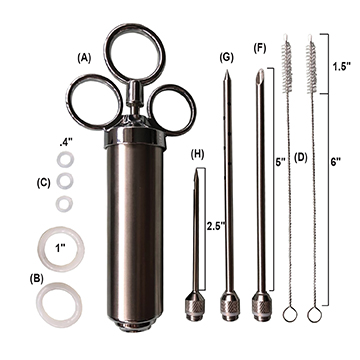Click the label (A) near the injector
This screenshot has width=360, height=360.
click(84, 58)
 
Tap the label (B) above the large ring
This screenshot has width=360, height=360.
click(37, 279)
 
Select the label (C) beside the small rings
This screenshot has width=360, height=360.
click(44, 183)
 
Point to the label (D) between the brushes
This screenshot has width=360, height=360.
click(300, 158)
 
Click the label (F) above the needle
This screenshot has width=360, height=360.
click(260, 48)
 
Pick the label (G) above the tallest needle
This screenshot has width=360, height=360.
click(227, 57)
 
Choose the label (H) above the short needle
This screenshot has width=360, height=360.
click(197, 155)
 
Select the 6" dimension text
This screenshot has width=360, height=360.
click(337, 162)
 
